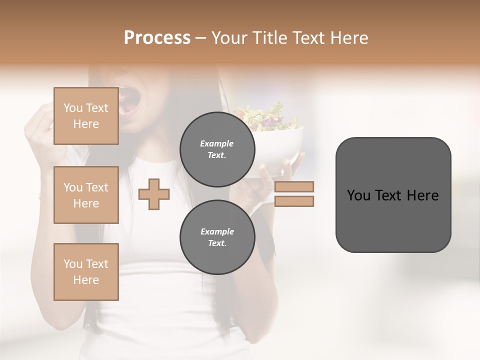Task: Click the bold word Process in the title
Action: [157, 37]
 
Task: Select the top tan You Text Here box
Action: [86, 116]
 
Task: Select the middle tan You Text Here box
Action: [86, 195]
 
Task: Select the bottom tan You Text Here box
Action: [86, 271]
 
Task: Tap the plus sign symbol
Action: [154, 194]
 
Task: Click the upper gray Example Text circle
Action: [217, 149]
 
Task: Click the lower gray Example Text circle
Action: [217, 237]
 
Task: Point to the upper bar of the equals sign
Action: [294, 187]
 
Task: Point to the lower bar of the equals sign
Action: [294, 201]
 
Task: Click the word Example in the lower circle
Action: [217, 231]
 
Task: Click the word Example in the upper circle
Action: [217, 143]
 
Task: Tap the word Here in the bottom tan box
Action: [86, 280]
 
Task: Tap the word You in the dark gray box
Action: [358, 195]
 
